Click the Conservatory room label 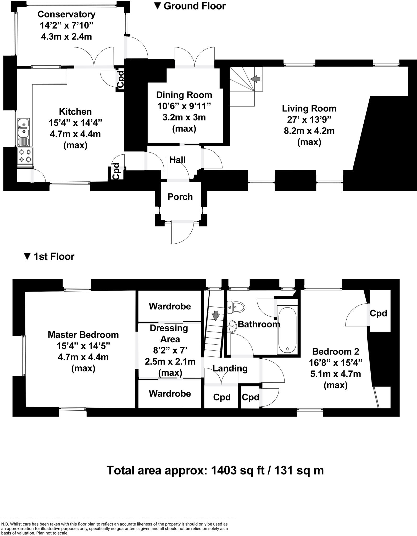(x=66, y=14)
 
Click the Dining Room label (x=184, y=95)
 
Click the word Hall (x=177, y=160)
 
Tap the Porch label (x=180, y=197)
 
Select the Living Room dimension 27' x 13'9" (x=309, y=120)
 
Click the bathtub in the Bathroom (x=287, y=330)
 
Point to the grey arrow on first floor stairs (x=216, y=315)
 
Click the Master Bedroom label (x=83, y=335)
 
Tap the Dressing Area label (x=169, y=333)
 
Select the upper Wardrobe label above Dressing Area (x=170, y=306)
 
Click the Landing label (x=230, y=368)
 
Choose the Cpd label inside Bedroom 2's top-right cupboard (x=378, y=313)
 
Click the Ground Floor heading (x=194, y=6)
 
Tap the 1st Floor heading (x=54, y=256)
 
